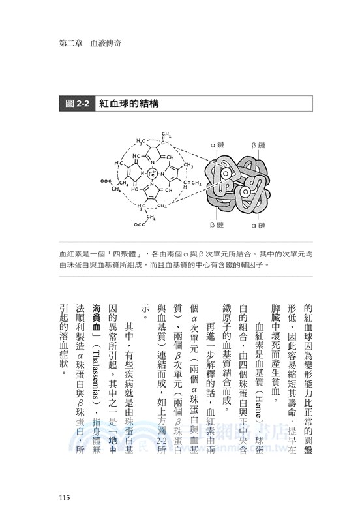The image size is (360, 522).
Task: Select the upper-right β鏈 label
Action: click(x=258, y=142)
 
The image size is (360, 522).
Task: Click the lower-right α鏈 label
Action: click(x=258, y=225)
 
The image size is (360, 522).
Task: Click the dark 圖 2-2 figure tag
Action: click(x=72, y=104)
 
